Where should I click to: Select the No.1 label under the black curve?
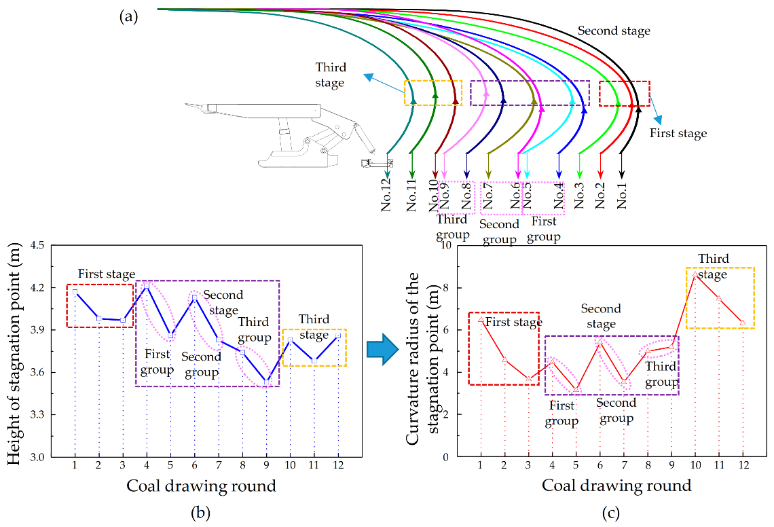622,194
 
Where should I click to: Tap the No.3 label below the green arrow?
579,194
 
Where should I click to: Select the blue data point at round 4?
147,286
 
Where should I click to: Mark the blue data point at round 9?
267,381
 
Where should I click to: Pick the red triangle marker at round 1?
481,319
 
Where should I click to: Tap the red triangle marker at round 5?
576,390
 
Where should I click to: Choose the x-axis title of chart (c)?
616,486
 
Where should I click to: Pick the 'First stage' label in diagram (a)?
678,133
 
